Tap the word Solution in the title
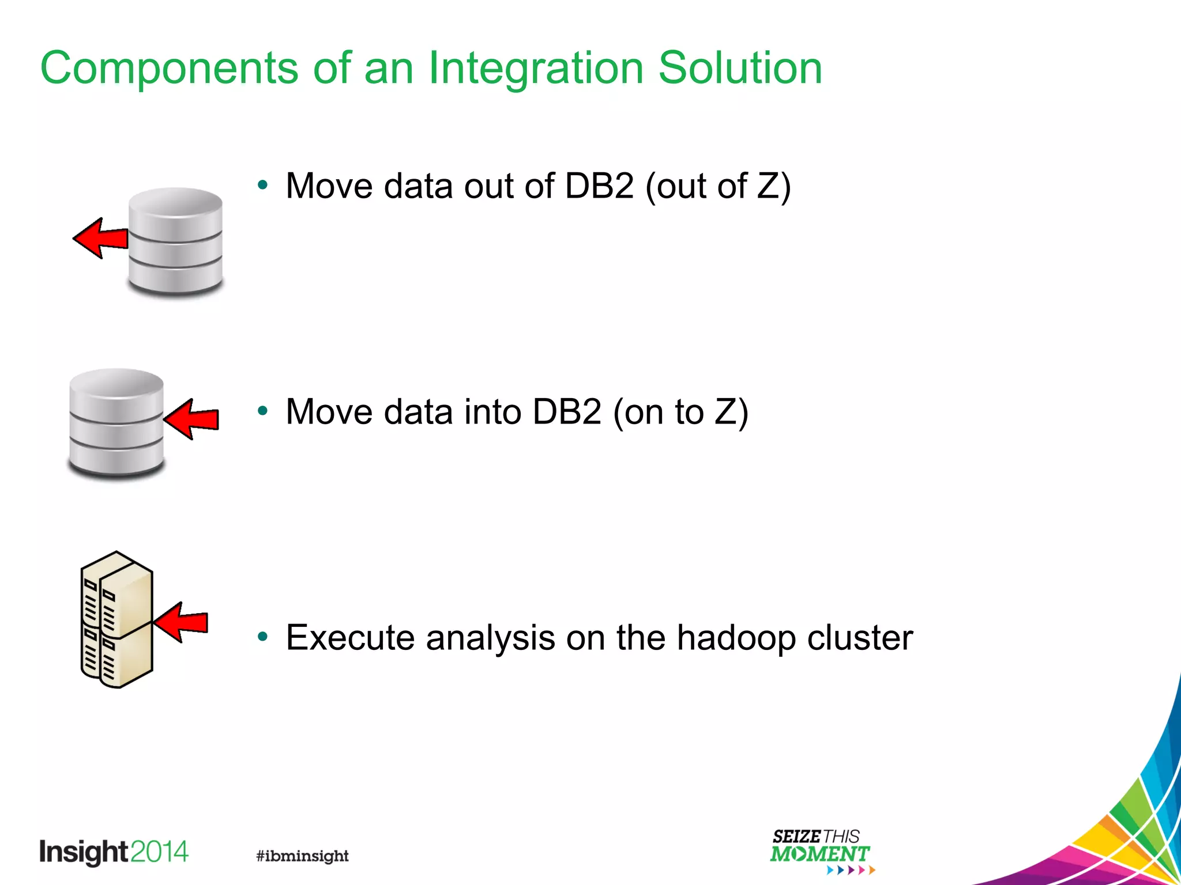click(x=740, y=68)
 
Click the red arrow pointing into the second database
click(x=193, y=419)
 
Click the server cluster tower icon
click(x=116, y=619)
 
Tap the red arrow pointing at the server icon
click(x=182, y=622)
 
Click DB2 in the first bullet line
click(x=599, y=186)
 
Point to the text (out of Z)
click(x=718, y=186)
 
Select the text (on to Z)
click(x=680, y=412)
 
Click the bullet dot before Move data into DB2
click(x=263, y=411)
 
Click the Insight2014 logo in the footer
click(x=114, y=852)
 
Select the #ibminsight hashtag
click(x=302, y=856)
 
